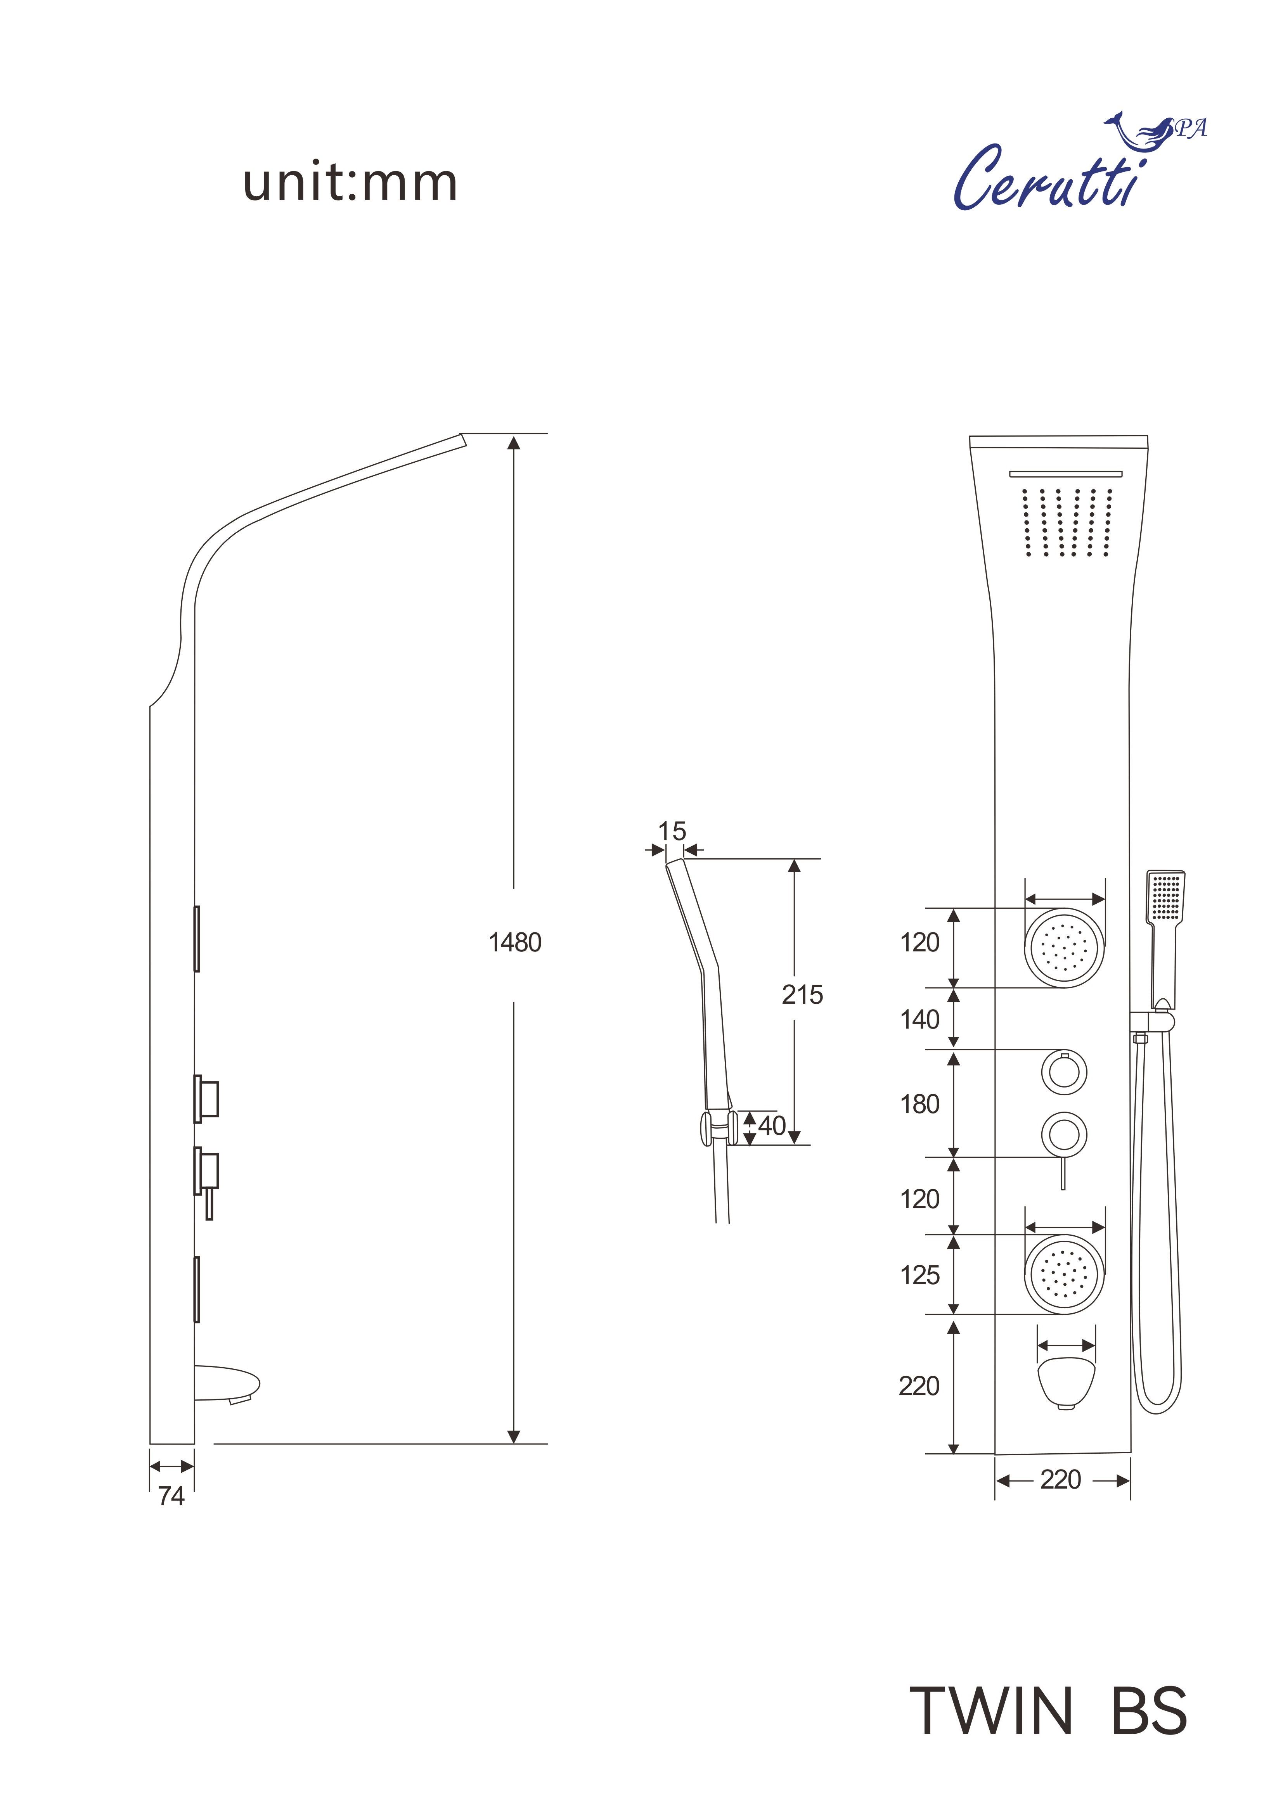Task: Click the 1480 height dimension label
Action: [514, 942]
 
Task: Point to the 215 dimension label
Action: [802, 995]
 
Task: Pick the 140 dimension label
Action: [919, 1020]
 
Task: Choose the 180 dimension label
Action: [919, 1105]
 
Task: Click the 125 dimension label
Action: [919, 1275]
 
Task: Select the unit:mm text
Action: [350, 183]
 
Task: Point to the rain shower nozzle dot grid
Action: [1067, 522]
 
